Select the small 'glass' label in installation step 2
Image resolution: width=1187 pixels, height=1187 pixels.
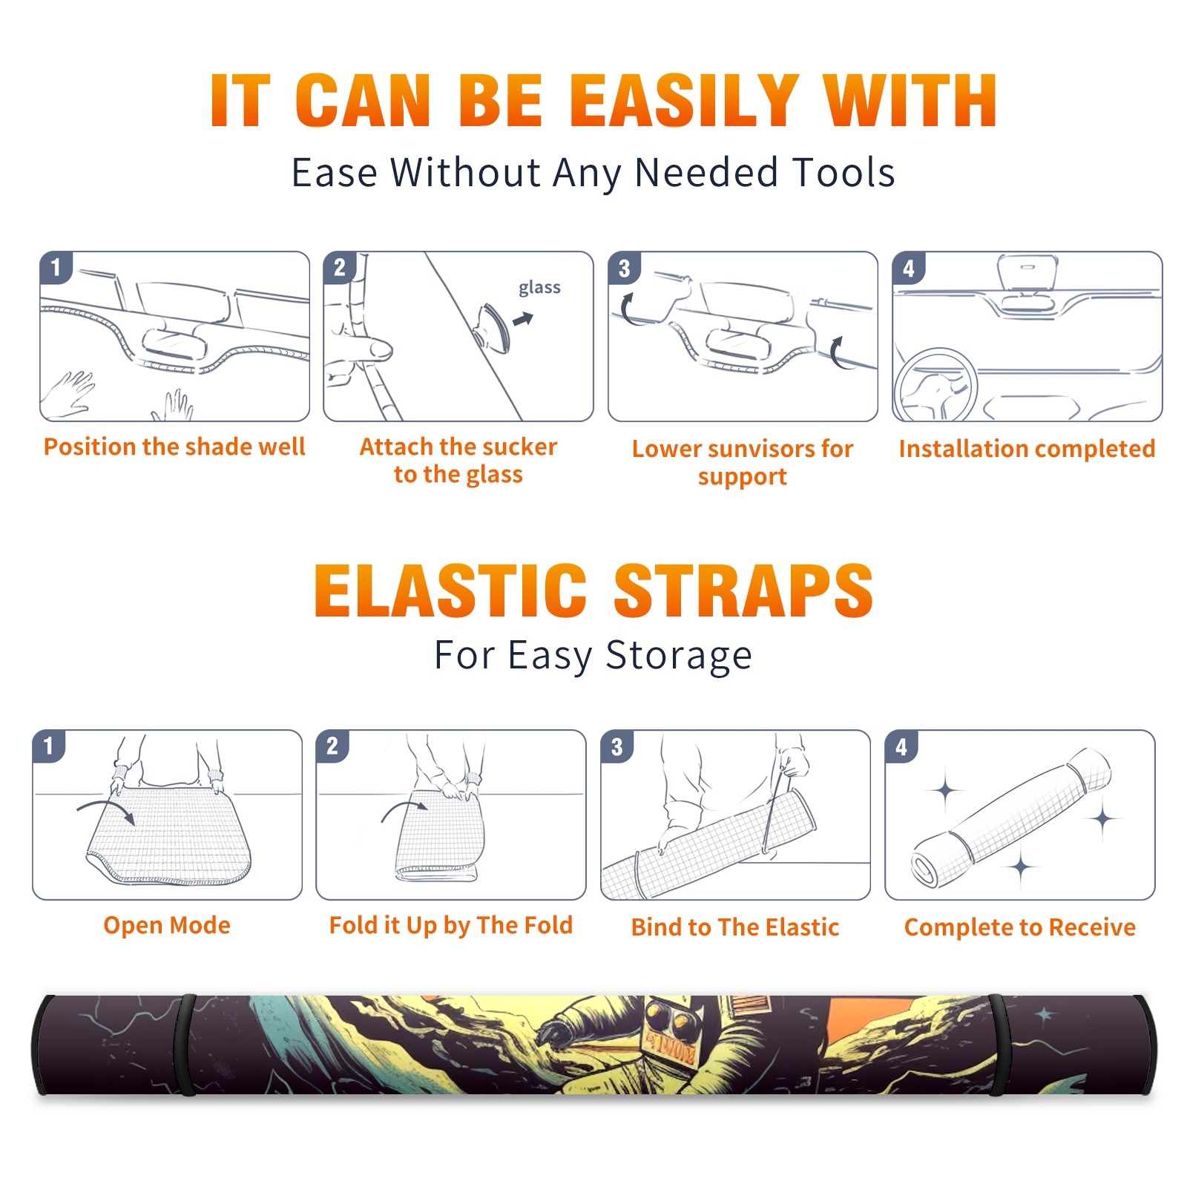click(x=539, y=288)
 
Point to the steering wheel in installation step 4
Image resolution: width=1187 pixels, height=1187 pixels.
click(x=935, y=386)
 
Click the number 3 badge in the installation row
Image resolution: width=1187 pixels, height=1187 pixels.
click(x=624, y=268)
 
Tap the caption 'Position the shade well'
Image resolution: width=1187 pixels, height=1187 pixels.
click(x=174, y=447)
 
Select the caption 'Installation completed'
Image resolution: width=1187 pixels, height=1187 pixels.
click(x=1027, y=448)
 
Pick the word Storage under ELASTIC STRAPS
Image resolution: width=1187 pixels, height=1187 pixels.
click(x=679, y=656)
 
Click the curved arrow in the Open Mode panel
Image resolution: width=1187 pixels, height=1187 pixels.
click(x=106, y=810)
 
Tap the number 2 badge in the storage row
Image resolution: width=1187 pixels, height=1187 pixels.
click(x=332, y=746)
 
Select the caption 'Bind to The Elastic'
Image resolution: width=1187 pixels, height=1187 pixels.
click(x=735, y=927)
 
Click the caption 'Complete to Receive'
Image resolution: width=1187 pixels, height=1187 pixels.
click(x=1020, y=927)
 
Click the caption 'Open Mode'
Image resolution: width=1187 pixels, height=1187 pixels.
click(x=167, y=925)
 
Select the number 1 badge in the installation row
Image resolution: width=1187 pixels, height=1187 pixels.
click(x=56, y=267)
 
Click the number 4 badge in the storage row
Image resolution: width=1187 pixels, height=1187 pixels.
click(x=901, y=746)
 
